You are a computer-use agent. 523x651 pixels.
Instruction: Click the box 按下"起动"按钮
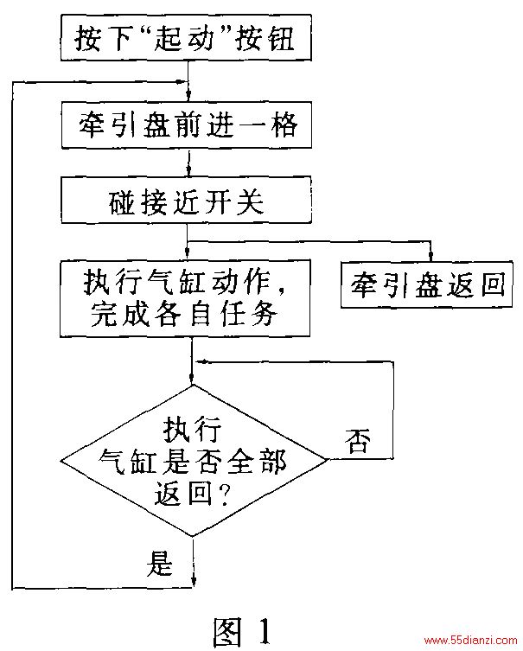pos(187,38)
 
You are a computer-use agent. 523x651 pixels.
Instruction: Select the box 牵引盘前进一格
pos(187,124)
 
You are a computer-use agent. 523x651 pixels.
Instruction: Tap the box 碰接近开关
pos(187,200)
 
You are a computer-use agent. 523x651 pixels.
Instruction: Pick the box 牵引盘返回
pos(427,284)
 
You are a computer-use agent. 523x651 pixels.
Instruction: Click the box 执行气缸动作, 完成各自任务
pos(185,298)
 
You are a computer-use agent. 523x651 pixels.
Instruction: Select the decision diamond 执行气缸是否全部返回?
pos(194,461)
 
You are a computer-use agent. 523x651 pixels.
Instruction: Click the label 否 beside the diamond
pos(357,441)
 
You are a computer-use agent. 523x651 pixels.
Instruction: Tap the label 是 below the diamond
pos(159,564)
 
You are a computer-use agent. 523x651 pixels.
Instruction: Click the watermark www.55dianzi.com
pos(470,641)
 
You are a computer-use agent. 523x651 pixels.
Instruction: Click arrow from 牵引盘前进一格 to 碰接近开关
pos(188,163)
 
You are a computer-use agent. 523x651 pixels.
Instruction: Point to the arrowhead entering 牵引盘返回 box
pos(430,255)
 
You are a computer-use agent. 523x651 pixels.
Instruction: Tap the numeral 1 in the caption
pos(262,630)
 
